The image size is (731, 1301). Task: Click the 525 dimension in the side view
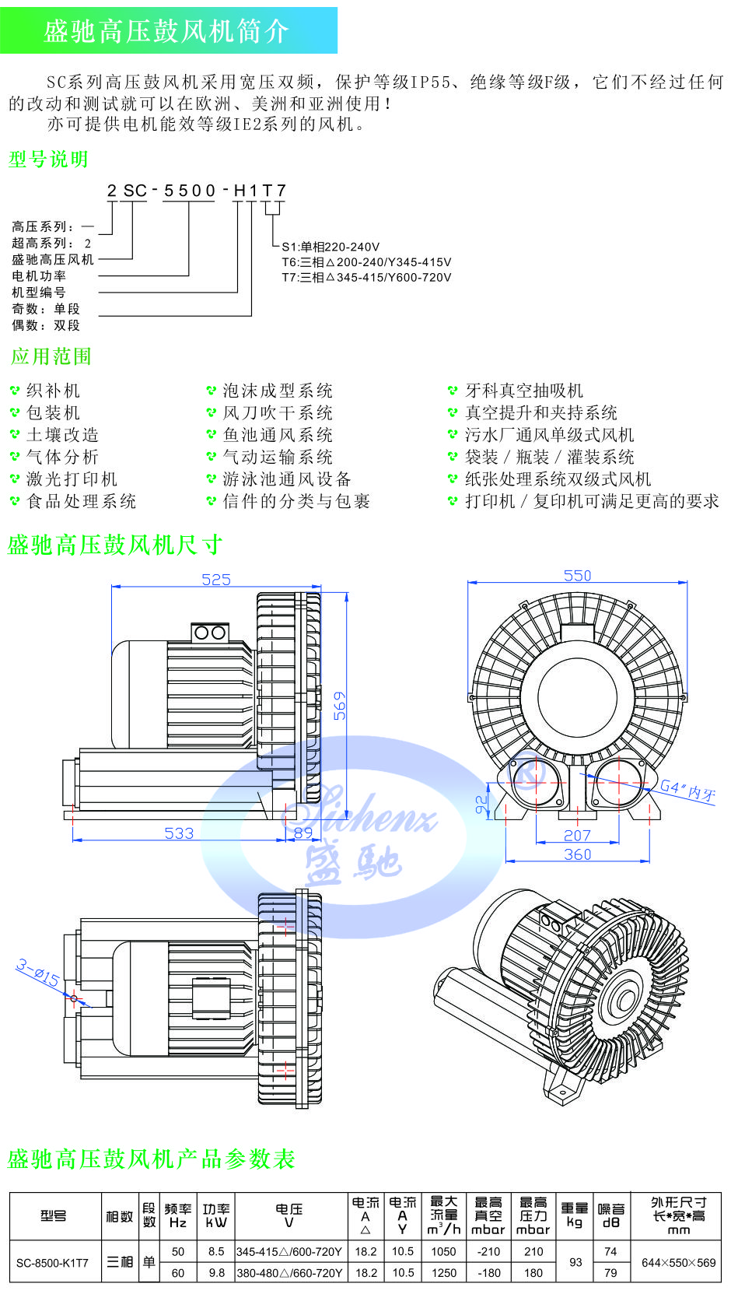(216, 580)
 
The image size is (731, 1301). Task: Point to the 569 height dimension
(340, 705)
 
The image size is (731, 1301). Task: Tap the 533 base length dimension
(179, 833)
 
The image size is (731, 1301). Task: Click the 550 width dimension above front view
(577, 576)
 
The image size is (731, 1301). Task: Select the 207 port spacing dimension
(577, 836)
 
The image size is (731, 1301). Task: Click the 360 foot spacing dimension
(577, 854)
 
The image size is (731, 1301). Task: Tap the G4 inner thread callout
(687, 791)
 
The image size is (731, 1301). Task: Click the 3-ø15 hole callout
(37, 973)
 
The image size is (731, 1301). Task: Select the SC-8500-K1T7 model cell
(53, 1263)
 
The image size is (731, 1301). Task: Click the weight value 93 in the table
(575, 1262)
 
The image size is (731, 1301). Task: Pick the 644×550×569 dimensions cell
(678, 1263)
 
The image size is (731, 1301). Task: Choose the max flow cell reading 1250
(444, 1273)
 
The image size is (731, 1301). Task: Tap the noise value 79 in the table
(610, 1273)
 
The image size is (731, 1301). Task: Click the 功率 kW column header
(216, 1215)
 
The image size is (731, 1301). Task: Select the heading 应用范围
(51, 356)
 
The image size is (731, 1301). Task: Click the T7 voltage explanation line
(366, 277)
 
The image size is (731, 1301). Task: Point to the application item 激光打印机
(72, 479)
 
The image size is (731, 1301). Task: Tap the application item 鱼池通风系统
(278, 435)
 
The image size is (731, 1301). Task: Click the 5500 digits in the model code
(190, 191)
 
